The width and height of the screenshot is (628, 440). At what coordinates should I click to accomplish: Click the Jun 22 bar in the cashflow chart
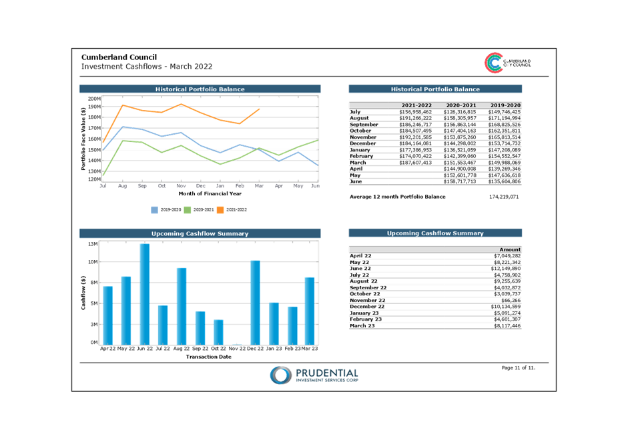point(145,294)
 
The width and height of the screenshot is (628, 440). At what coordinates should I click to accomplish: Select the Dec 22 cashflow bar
point(255,303)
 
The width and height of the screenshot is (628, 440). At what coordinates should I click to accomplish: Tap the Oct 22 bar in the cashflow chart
point(218,332)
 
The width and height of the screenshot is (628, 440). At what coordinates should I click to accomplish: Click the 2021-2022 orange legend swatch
point(220,210)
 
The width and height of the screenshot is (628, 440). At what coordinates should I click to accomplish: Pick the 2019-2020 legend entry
point(166,210)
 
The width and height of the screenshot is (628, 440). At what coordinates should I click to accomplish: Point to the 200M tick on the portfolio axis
point(95,99)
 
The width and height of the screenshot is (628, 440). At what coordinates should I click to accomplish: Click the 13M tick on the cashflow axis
point(93,244)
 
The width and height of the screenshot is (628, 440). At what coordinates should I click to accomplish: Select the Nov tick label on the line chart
point(181,186)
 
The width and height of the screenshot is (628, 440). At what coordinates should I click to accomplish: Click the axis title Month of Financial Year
point(210,193)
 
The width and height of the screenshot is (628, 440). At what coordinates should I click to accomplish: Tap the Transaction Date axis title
point(209,357)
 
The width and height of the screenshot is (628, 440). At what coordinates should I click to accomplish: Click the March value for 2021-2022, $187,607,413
point(415,163)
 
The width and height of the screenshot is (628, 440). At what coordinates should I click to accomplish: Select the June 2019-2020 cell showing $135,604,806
point(505,181)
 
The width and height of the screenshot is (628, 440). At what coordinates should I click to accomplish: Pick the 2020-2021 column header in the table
point(461,105)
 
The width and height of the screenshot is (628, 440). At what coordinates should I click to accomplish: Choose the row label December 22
point(367,307)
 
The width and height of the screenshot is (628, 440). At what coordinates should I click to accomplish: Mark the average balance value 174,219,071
point(504,197)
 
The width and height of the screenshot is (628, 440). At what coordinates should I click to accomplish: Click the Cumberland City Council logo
point(507,63)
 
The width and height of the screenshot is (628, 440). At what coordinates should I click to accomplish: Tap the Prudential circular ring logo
point(280,375)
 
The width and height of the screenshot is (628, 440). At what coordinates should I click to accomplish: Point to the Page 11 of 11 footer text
point(519,367)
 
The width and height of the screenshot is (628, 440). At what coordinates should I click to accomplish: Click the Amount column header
point(510,249)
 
